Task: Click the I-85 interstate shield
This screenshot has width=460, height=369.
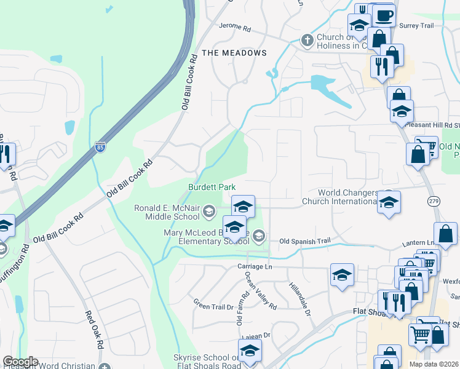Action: (x=100, y=147)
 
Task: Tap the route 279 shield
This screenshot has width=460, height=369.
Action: (x=432, y=201)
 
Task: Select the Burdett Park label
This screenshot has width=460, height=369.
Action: (x=212, y=187)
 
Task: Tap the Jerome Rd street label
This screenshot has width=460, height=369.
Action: (x=236, y=28)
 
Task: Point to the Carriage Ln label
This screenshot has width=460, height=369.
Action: (x=254, y=266)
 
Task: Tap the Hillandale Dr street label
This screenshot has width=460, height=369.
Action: (x=300, y=297)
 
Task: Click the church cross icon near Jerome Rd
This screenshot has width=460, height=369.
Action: (x=307, y=41)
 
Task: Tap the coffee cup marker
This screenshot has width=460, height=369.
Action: (x=384, y=15)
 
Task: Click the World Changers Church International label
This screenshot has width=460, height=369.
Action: (x=339, y=197)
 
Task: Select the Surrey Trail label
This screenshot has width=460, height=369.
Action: (x=416, y=25)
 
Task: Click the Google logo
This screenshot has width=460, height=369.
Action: (x=20, y=362)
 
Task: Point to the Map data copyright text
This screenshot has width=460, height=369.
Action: (x=433, y=364)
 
